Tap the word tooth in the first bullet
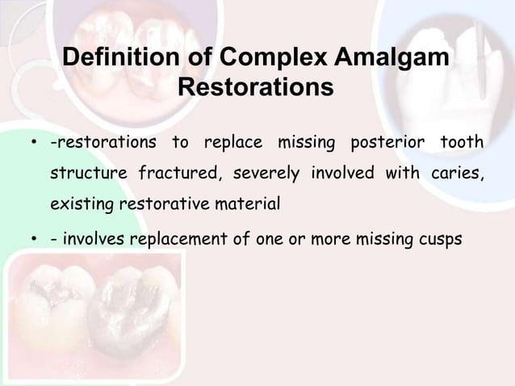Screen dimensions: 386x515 pos(461,144)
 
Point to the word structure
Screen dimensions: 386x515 pos(86,174)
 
